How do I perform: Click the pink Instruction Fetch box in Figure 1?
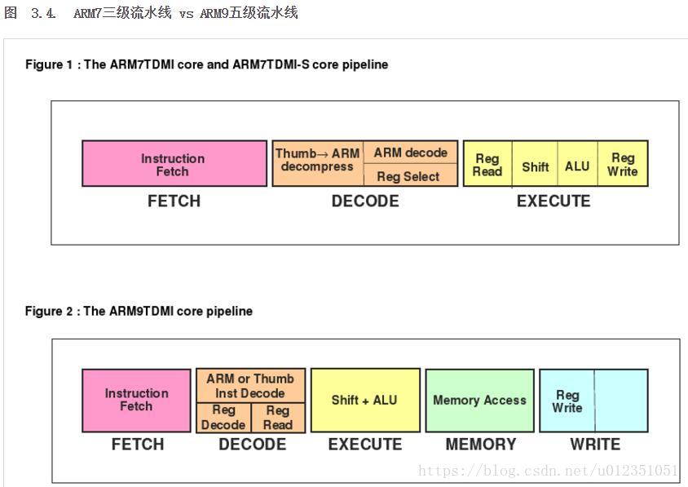pos(174,164)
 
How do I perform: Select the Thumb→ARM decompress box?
pos(317,160)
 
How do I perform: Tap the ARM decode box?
pos(410,153)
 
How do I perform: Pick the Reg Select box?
pos(408,176)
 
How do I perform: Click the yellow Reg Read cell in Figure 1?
pos(487,165)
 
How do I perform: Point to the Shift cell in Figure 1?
pos(535,166)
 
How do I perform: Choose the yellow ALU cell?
pos(577,166)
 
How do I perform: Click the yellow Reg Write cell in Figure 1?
pos(622,165)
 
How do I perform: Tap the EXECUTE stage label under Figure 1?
pos(553,201)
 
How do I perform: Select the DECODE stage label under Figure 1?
pos(364,201)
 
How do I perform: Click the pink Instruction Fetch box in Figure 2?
pos(136,400)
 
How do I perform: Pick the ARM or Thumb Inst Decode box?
pos(250,386)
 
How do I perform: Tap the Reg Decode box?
pos(223,418)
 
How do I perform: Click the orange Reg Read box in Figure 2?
pos(278,418)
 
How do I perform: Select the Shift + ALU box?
pos(364,400)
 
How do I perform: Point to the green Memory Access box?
pos(479,400)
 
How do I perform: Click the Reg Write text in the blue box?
pos(567,401)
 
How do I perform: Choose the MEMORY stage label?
pos(480,445)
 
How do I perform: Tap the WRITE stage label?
pos(594,445)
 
